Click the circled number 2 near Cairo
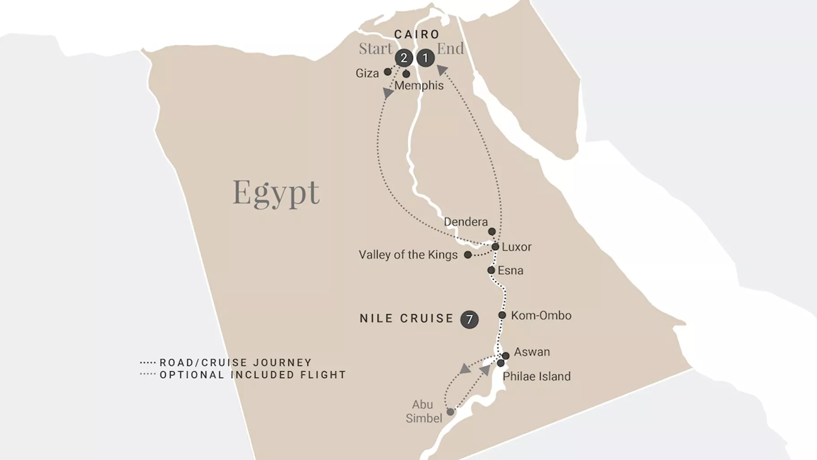(x=404, y=58)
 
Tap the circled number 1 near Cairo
(x=426, y=58)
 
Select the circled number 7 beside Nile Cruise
(x=469, y=319)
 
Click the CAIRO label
(x=417, y=35)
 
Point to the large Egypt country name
(x=276, y=192)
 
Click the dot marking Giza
(x=388, y=72)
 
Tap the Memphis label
(x=419, y=86)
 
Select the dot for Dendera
(x=492, y=232)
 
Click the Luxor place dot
(x=495, y=247)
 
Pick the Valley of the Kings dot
(x=468, y=255)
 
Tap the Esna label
(x=511, y=271)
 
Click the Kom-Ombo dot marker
(x=502, y=315)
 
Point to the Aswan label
(x=532, y=352)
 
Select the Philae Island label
(x=537, y=377)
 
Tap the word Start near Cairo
(x=375, y=48)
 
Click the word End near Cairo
(x=450, y=48)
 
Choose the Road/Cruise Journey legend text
(x=236, y=362)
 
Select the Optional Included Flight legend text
(x=253, y=375)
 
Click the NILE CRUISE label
(x=407, y=319)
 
